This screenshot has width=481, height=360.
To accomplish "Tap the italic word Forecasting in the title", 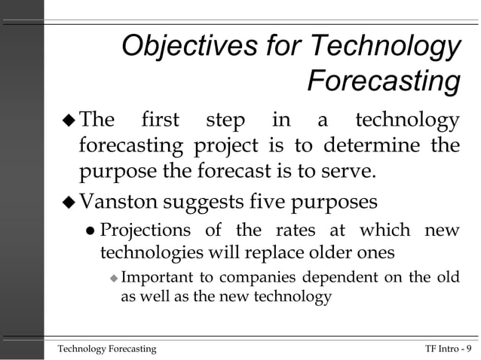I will pyautogui.click(x=384, y=81).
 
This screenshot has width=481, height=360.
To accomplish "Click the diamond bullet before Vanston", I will pyautogui.click(x=69, y=203).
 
